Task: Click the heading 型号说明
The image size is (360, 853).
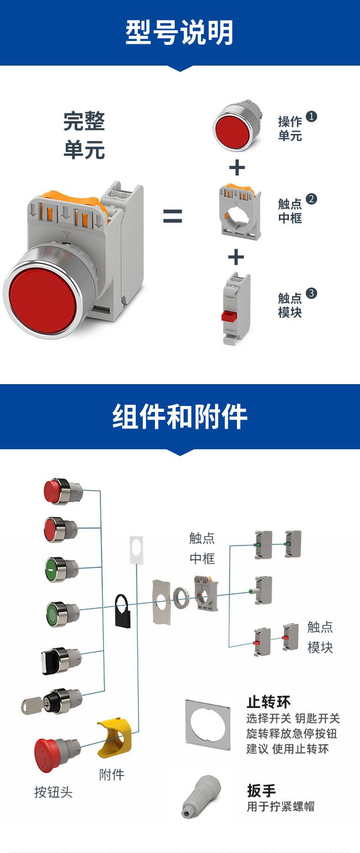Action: tap(180, 33)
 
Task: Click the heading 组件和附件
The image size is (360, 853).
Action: tap(180, 416)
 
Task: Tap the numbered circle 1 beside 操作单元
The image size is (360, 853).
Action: tap(311, 117)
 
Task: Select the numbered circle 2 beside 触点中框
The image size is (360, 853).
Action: tap(311, 199)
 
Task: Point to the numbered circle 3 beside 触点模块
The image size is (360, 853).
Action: tap(311, 293)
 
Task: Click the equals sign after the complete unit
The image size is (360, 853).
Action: tap(173, 216)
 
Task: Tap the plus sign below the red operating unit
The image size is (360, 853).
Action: tap(237, 168)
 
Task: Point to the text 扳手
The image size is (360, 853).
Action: tap(261, 791)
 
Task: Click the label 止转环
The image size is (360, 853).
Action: tap(268, 702)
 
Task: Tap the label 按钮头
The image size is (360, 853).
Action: tap(53, 792)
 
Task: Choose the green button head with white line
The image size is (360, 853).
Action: tap(57, 569)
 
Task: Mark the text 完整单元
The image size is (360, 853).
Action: tap(84, 136)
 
